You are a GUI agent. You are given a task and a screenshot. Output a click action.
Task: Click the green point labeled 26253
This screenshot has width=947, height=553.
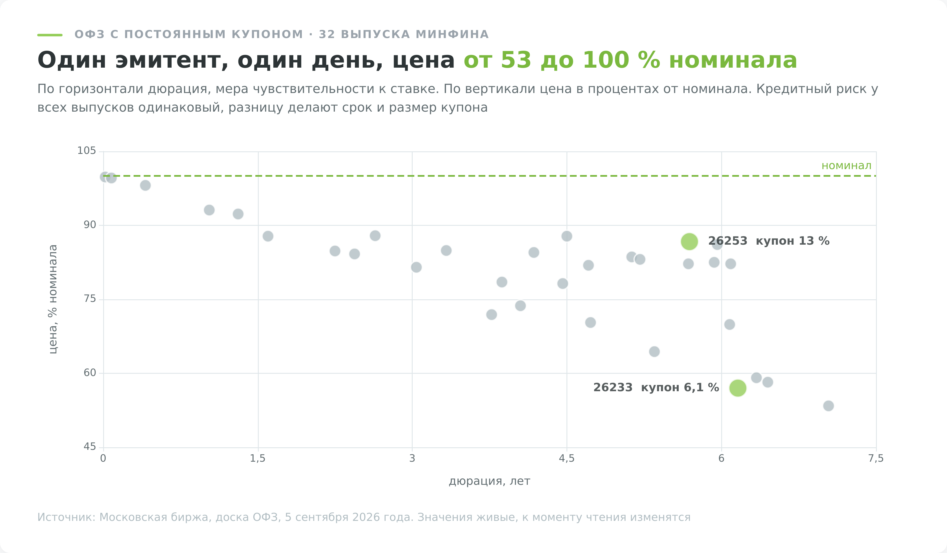point(689,242)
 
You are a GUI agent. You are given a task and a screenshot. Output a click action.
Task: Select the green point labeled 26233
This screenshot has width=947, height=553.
point(738,388)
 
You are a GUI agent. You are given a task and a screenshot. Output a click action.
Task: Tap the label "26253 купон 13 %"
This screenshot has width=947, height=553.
point(769,241)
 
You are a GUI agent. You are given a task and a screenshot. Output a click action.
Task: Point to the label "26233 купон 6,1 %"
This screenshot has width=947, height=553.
point(656,388)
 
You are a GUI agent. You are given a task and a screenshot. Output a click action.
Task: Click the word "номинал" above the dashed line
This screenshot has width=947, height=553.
point(846,166)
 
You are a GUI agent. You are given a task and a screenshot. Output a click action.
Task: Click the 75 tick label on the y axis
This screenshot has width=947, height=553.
point(90,299)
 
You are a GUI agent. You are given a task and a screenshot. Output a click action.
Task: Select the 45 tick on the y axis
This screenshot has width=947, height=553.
point(90,447)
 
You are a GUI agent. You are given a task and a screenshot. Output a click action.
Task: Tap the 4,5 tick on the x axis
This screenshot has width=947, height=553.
point(567,459)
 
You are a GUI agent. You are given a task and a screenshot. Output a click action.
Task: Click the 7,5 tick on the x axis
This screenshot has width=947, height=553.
point(876,459)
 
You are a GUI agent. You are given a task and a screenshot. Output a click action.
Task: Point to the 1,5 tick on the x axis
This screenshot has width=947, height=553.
point(258,459)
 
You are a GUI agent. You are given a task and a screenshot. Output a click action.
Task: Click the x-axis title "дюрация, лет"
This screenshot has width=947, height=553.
point(489,481)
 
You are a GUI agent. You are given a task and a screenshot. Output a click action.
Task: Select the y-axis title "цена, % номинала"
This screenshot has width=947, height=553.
point(53,299)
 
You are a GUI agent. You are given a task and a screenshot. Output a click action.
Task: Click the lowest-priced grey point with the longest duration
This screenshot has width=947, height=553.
point(829,406)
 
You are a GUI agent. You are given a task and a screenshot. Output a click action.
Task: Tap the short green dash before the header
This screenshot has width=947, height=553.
point(50,35)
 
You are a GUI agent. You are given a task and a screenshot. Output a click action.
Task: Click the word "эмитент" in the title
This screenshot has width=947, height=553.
point(172,61)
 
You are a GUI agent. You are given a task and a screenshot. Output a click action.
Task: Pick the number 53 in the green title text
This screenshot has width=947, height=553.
point(516,61)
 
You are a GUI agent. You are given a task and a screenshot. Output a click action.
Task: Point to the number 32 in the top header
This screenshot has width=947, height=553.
point(327,35)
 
